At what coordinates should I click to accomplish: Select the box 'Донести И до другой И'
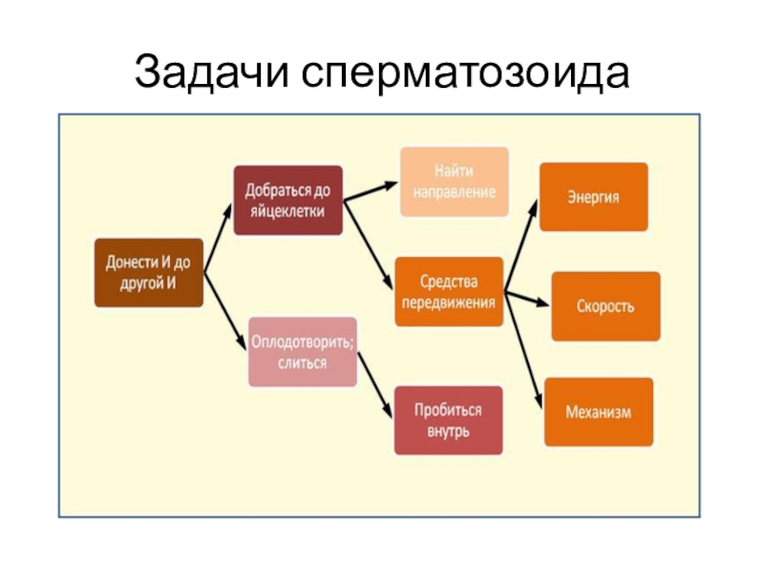tap(148, 272)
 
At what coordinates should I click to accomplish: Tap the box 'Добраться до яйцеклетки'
tap(287, 201)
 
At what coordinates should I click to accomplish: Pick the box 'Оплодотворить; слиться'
tap(302, 351)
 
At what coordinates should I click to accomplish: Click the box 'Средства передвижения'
tap(448, 291)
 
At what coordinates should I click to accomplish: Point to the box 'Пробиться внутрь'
tap(448, 419)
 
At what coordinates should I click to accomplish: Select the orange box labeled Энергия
tap(593, 197)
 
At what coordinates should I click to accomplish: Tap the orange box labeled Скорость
tap(605, 307)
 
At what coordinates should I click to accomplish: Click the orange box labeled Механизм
tap(599, 412)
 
